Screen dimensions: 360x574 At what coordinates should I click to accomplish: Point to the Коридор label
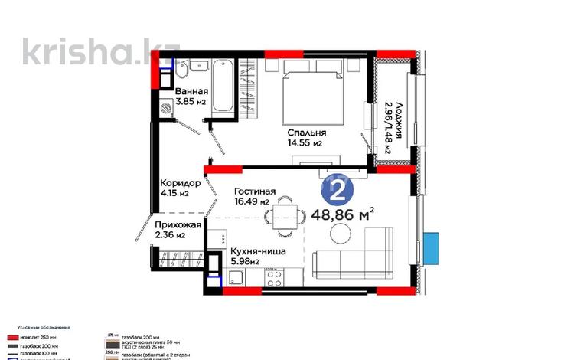[180, 184]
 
